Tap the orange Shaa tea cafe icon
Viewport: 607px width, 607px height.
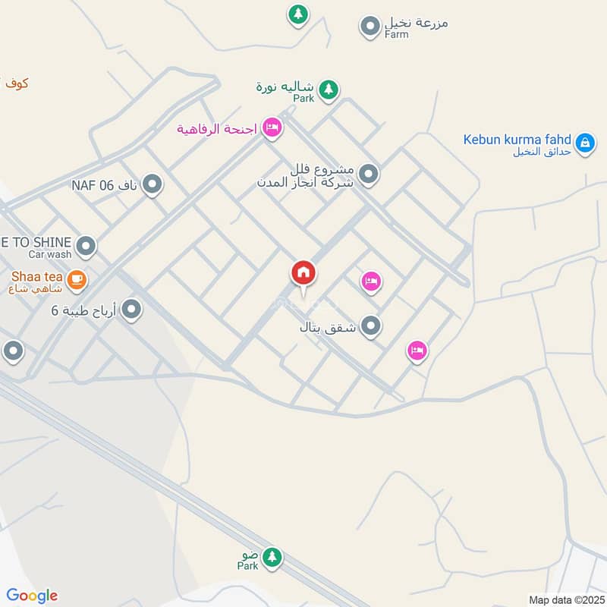pos(76,280)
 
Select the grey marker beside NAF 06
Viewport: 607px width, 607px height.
pos(153,184)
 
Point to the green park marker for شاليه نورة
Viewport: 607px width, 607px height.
pos(328,90)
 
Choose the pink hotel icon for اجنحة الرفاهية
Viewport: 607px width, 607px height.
pos(272,127)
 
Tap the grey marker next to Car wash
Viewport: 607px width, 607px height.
pos(86,245)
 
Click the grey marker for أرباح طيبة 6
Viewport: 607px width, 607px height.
pos(132,309)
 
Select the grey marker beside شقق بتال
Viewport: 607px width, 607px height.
pos(370,326)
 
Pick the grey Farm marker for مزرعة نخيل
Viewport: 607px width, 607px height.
pos(370,27)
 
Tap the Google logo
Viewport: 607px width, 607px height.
pos(32,596)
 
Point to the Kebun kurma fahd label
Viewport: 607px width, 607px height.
pos(518,140)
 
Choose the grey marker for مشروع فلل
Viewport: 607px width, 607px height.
pos(370,175)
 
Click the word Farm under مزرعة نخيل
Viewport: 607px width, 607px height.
pos(396,34)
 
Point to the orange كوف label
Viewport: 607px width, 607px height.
pos(15,82)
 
